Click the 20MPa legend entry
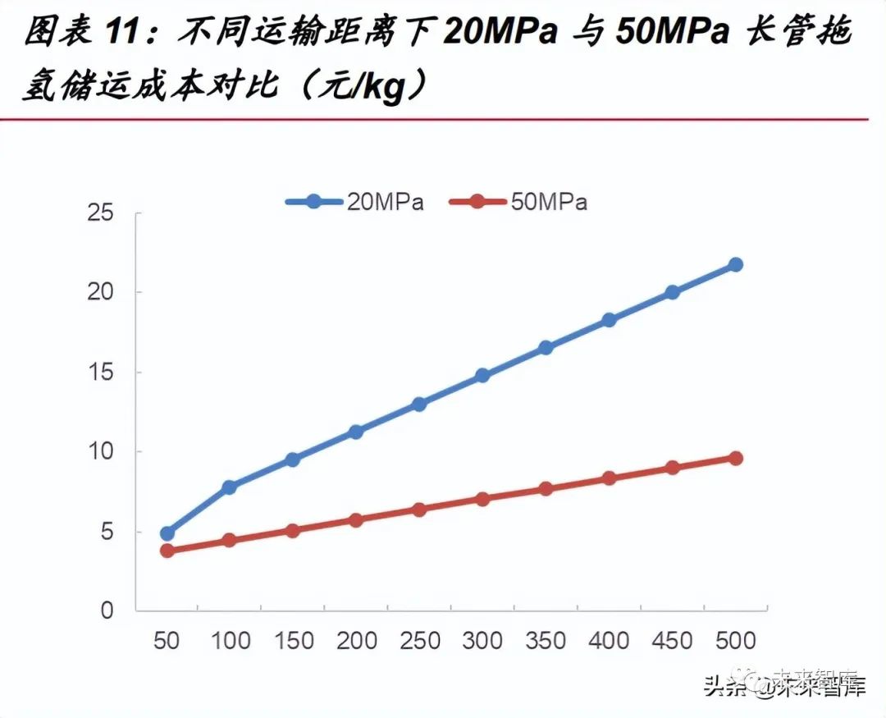(354, 201)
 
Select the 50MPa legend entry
(518, 201)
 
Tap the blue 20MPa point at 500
(735, 264)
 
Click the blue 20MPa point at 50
(167, 533)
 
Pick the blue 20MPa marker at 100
(230, 487)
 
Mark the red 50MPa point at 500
(735, 458)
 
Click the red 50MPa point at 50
(167, 551)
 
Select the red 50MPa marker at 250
(419, 510)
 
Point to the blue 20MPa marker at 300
(482, 376)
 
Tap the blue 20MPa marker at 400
(609, 320)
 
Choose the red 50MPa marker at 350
(546, 489)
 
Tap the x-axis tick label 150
(293, 640)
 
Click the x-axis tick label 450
(672, 640)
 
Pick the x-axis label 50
(167, 640)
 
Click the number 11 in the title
(125, 34)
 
